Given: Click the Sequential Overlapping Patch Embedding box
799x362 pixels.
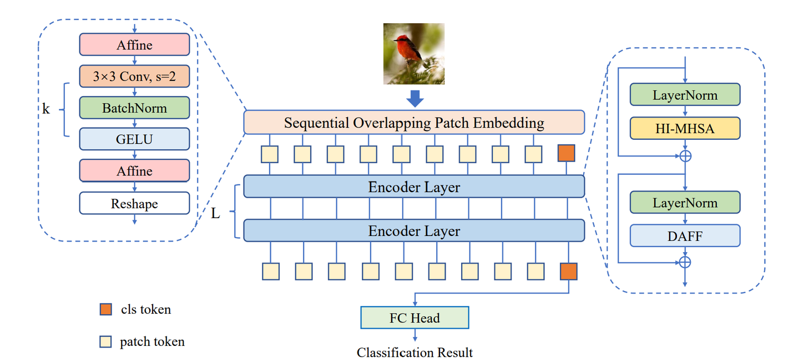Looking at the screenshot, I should [x=414, y=123].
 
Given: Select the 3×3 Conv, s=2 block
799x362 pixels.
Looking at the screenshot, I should [x=134, y=77].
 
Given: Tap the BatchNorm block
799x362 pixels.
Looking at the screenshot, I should [x=134, y=108].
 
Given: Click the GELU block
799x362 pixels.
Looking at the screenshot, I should [x=134, y=139].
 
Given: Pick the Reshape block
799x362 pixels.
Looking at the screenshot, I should [x=134, y=204].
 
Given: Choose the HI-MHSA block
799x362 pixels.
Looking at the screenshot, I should [x=685, y=128].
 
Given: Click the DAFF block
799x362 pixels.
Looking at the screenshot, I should [x=685, y=236].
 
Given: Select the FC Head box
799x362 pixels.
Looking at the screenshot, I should [x=414, y=318].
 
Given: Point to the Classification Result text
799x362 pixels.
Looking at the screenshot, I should [x=414, y=353].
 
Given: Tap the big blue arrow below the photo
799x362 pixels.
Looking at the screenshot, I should [x=414, y=98].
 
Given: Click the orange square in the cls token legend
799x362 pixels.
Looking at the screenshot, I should [x=106, y=309].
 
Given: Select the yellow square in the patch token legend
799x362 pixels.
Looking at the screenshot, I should [x=106, y=341].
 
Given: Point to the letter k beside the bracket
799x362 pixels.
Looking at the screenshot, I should [x=46, y=109].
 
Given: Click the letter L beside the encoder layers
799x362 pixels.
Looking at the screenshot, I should [x=216, y=213].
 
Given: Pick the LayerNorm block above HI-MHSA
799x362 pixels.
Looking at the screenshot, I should [x=685, y=95].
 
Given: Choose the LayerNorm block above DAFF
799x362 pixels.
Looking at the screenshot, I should [x=685, y=203].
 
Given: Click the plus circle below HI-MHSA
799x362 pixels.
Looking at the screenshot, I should [x=686, y=156].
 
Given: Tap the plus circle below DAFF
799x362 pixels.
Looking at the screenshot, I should [x=686, y=262].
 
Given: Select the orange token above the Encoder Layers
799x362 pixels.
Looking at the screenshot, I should [x=567, y=154].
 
